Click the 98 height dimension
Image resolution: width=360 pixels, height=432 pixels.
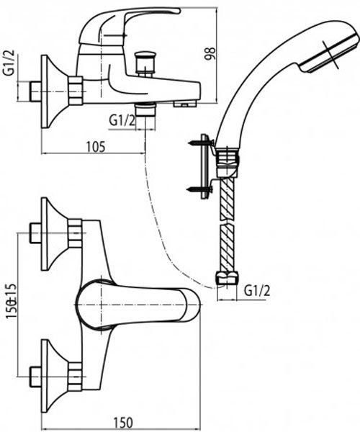point(210,54)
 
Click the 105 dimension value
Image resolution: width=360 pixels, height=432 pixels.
point(96,147)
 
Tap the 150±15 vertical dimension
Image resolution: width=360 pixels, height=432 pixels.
point(12,301)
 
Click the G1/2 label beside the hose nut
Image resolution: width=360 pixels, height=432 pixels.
point(258,290)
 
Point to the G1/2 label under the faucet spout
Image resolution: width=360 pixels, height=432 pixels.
point(122,120)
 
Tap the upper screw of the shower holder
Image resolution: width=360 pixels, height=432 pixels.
point(201,143)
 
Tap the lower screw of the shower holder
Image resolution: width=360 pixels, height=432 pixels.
point(199,189)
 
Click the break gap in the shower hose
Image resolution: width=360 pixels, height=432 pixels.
point(228,222)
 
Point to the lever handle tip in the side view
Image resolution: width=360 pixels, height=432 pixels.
point(179,11)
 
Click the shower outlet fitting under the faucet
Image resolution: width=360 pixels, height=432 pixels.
point(145,109)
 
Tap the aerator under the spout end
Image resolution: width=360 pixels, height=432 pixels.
point(184,104)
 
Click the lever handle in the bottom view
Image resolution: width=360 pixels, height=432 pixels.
point(138,304)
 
